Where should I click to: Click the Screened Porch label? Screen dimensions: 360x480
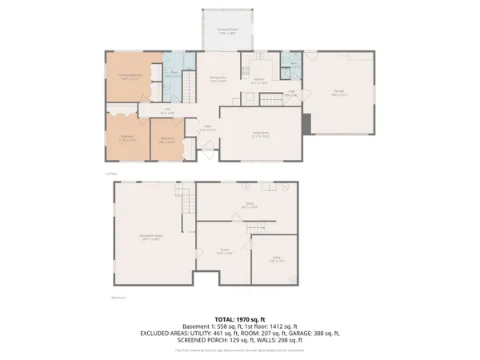tap(228, 31)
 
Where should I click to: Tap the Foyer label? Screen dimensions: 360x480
tap(206, 127)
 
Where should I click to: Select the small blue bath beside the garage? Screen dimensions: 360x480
tap(294, 66)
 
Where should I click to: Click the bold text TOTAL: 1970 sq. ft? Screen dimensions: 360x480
tap(239, 319)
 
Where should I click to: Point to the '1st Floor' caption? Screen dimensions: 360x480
tap(111, 174)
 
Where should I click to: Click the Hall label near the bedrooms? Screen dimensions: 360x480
tap(168, 111)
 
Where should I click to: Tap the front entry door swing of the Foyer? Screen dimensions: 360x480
tap(209, 146)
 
